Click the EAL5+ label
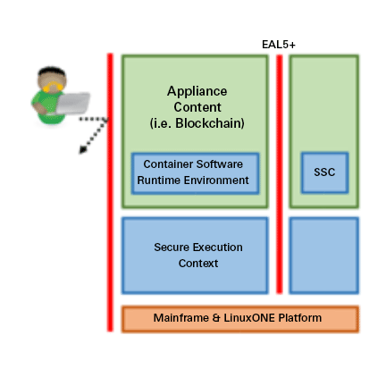tap(279, 45)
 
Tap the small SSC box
tap(324, 172)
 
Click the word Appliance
tap(197, 91)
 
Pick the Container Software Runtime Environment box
tap(195, 173)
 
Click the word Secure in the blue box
tap(172, 248)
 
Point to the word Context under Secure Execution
tap(198, 264)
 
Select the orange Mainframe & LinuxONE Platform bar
tap(240, 319)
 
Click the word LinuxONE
tap(249, 318)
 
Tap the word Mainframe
tap(180, 318)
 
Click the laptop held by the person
tap(73, 103)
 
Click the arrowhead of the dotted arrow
tap(82, 150)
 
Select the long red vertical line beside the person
tap(110, 192)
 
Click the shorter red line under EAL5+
tap(279, 174)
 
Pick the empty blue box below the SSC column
tap(324, 256)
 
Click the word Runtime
tap(158, 180)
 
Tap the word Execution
tap(217, 248)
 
